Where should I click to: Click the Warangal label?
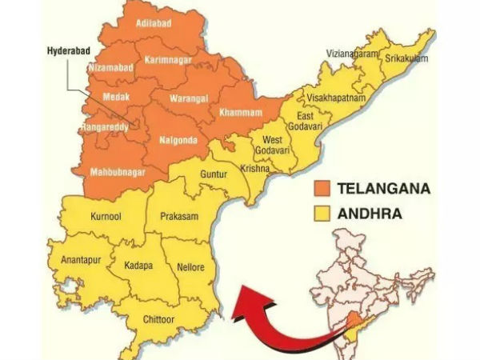189,99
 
